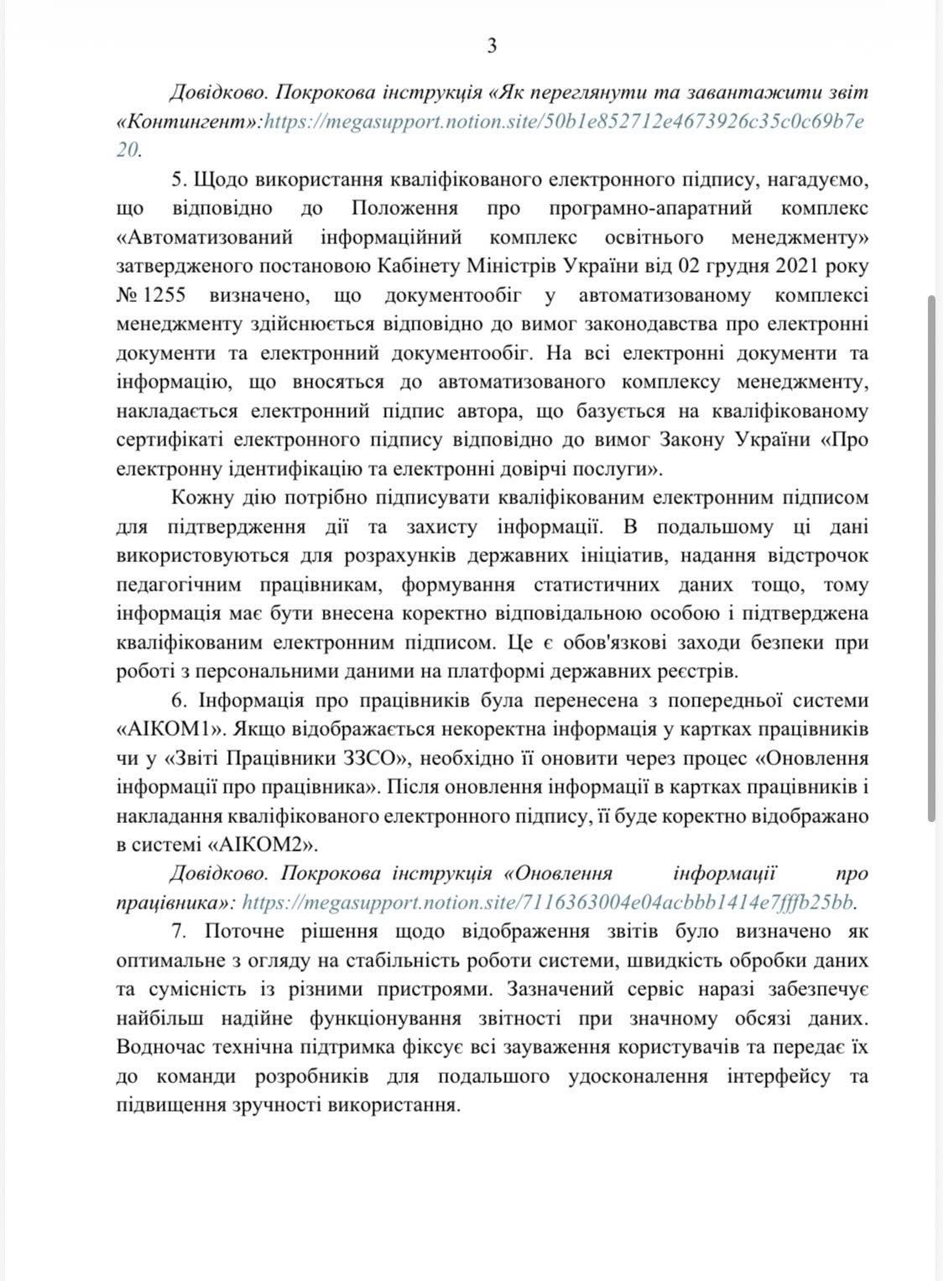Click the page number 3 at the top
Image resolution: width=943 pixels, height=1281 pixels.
point(492,46)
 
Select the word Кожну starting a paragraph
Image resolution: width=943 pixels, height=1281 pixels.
point(202,497)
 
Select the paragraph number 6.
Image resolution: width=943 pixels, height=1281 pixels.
point(177,700)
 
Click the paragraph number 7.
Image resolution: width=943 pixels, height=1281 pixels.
point(177,930)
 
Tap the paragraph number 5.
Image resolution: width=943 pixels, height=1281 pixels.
point(177,180)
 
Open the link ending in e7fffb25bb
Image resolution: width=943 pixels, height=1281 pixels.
point(550,902)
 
